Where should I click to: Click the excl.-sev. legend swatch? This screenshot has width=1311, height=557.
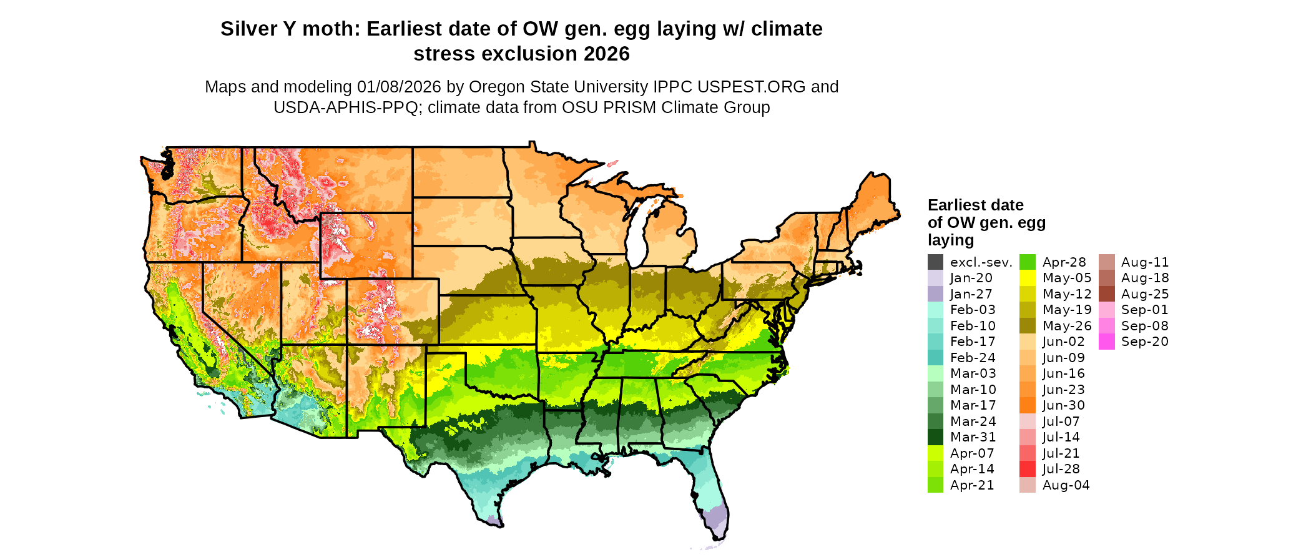[935, 262]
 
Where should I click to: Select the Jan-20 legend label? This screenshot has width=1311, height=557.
[971, 278]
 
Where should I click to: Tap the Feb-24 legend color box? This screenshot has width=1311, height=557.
[935, 358]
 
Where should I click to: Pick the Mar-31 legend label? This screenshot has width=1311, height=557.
[973, 437]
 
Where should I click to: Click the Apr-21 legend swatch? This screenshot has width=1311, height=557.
[935, 485]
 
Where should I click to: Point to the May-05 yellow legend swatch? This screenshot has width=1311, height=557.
[1027, 278]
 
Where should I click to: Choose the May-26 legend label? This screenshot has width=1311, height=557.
[1067, 326]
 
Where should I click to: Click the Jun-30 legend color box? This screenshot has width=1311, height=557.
[1027, 405]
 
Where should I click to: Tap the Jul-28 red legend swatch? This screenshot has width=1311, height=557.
[1027, 469]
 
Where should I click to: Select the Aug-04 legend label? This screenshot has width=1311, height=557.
[1066, 485]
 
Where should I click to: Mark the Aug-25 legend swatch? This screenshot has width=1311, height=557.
[1106, 294]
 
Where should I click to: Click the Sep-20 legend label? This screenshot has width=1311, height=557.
[1144, 342]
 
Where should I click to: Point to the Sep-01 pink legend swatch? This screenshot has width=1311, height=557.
[1106, 310]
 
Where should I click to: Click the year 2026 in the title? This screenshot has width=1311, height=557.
[607, 54]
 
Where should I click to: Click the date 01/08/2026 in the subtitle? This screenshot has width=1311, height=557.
[399, 87]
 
